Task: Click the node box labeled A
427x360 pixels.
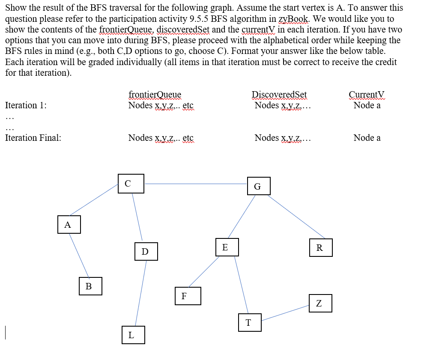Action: coord(69,225)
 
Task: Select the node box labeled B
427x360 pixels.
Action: coord(90,286)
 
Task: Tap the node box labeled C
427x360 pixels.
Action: coord(131,184)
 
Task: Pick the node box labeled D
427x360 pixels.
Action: coord(145,251)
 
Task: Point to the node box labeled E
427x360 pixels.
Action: coord(225,247)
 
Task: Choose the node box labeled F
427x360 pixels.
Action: coord(188,296)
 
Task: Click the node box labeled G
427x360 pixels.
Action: coord(258,186)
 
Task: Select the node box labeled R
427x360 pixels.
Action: coord(320,248)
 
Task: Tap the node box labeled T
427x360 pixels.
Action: coord(249,322)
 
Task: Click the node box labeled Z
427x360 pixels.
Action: coord(320,303)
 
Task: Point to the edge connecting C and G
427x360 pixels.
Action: coord(196,184)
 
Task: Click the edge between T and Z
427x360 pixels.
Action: coord(285,313)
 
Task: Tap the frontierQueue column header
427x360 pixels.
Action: coord(155,95)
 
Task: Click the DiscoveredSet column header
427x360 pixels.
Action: coord(279,95)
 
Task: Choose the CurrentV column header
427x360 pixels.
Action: coord(367,95)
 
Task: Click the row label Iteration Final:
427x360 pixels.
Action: coord(33,138)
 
